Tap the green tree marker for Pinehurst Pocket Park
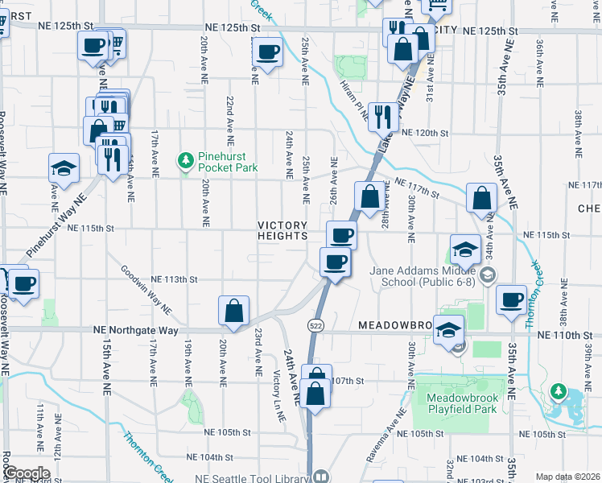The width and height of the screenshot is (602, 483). (187, 161)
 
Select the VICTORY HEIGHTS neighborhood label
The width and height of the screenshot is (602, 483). (282, 230)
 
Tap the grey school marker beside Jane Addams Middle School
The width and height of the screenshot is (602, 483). (487, 276)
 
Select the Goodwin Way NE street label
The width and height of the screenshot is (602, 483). (146, 291)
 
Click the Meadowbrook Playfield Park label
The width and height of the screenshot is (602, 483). (456, 404)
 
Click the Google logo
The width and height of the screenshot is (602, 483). (26, 473)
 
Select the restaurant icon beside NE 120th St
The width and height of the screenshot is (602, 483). (383, 116)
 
